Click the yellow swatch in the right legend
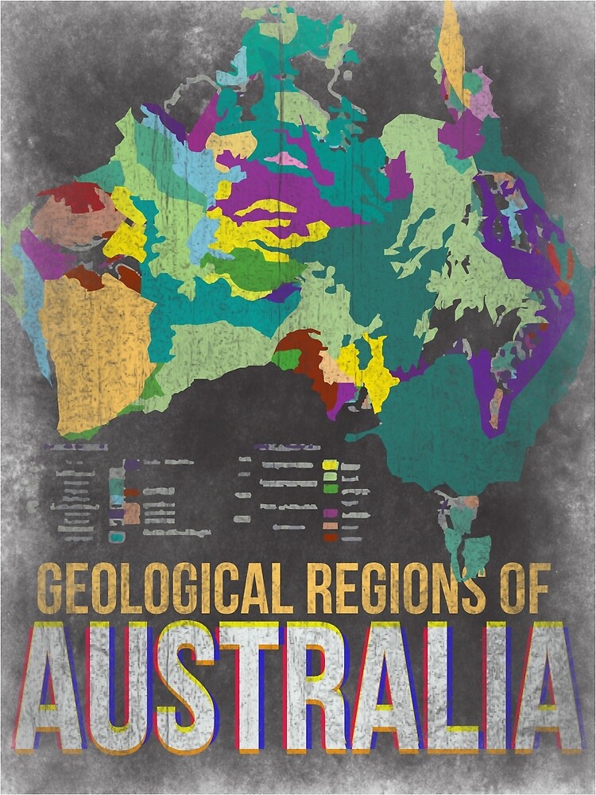point(330,465)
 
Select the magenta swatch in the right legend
point(330,514)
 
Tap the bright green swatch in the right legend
point(330,488)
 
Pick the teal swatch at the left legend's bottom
point(117,537)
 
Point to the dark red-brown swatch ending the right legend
point(330,537)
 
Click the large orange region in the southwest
point(95,350)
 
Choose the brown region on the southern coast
point(306,358)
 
